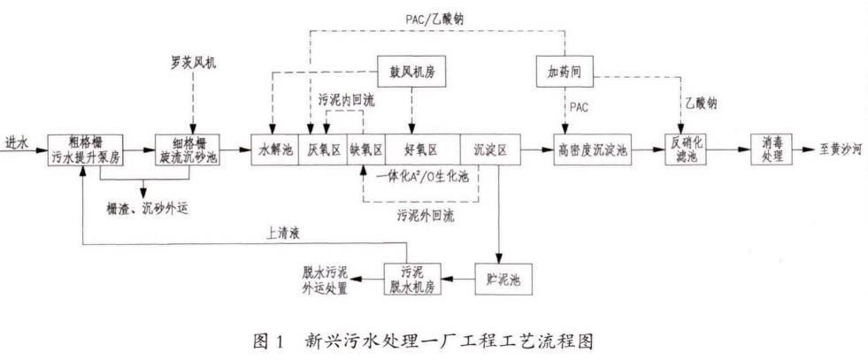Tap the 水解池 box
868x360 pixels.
[x=275, y=148]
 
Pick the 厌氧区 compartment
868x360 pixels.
[x=324, y=148]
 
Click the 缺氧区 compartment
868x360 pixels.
[x=365, y=148]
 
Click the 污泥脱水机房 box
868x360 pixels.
[x=411, y=279]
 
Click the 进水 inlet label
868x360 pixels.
[x=17, y=142]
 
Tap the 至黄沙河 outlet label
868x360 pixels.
[x=835, y=148]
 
